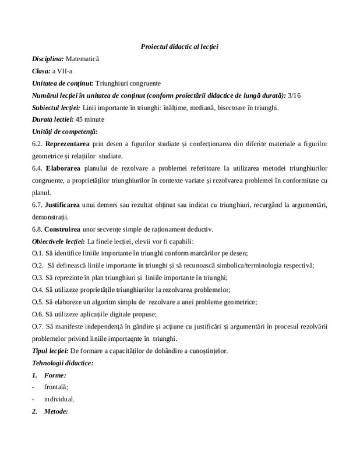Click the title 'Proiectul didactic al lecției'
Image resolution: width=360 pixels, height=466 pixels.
click(x=179, y=46)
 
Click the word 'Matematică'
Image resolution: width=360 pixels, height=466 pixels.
click(x=83, y=59)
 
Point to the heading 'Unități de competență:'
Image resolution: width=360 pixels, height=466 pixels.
click(x=65, y=131)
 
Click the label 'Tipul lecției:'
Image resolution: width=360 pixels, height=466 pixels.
click(x=50, y=351)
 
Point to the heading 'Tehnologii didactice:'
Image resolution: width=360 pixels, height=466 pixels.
click(x=62, y=363)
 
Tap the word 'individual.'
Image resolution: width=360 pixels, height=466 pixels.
click(x=59, y=400)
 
